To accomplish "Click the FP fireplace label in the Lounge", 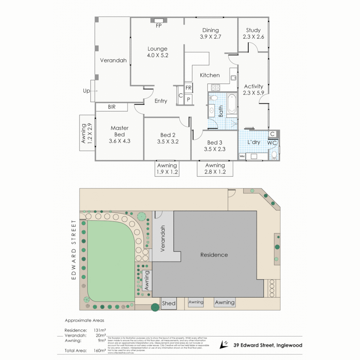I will (x=159, y=26).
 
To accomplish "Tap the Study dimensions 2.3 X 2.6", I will (x=253, y=37).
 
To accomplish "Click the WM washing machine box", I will (x=242, y=156).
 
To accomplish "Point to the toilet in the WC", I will (x=274, y=155).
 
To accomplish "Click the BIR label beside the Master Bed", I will (x=111, y=107).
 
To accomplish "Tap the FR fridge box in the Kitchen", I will (x=188, y=88).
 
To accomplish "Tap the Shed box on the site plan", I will (x=169, y=303).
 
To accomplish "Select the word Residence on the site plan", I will (x=214, y=255).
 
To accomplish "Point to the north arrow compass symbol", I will (x=224, y=345).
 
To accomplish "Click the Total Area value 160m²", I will (x=100, y=350).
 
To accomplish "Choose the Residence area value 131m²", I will (x=100, y=330).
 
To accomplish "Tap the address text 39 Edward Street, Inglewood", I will (x=268, y=345).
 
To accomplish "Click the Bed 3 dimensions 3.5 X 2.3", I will (x=215, y=149).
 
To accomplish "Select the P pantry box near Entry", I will (x=188, y=99).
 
